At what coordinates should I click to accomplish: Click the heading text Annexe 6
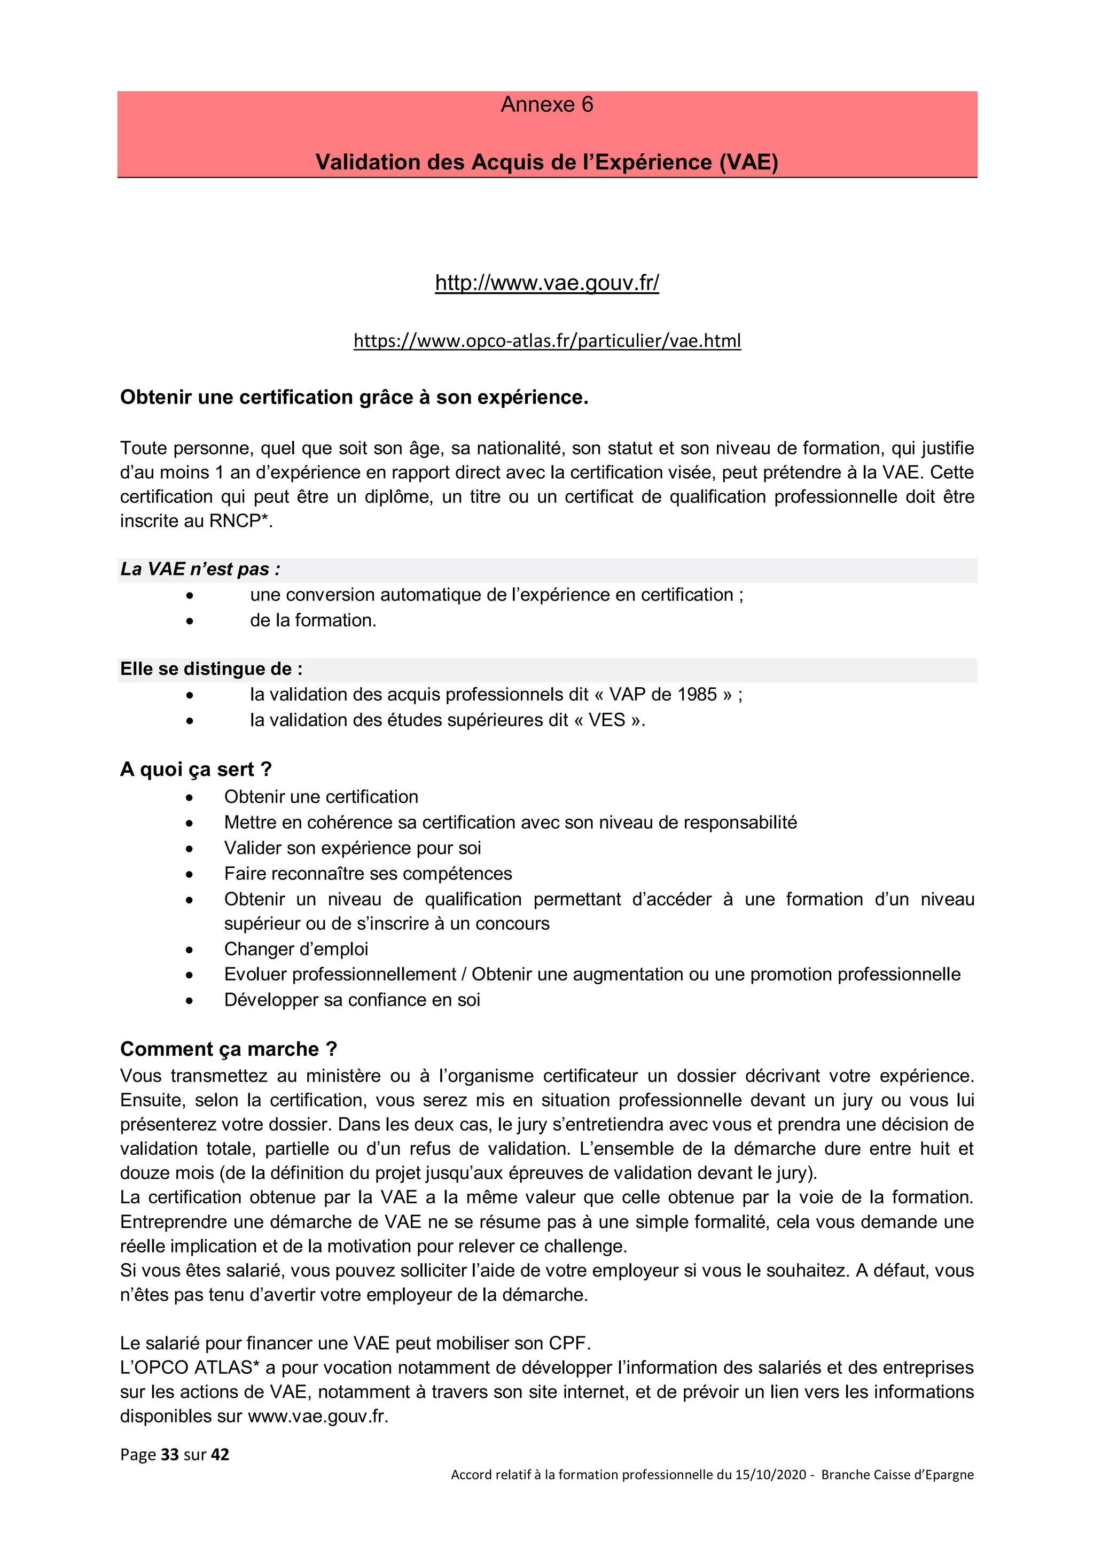point(546,105)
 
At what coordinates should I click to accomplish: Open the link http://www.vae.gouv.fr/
point(546,283)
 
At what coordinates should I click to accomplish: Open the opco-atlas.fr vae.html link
point(546,340)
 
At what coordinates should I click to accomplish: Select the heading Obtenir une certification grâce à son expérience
point(354,397)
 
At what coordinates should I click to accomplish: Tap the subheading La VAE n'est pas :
point(200,569)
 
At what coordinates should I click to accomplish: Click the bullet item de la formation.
point(313,620)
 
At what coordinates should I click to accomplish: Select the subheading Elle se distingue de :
point(211,669)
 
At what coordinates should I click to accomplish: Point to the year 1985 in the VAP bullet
point(697,695)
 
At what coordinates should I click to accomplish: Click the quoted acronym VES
point(607,720)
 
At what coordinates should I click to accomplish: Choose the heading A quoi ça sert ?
point(196,769)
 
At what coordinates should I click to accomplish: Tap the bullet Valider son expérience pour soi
point(352,848)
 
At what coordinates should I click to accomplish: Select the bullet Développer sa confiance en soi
point(352,1000)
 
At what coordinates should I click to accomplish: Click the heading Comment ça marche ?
point(229,1049)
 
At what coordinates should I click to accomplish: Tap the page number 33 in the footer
point(170,1454)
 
